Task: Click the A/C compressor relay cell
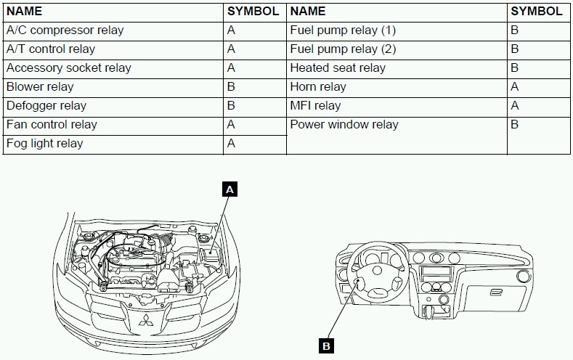click(65, 30)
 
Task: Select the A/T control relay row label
click(51, 49)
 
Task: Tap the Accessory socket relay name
click(69, 68)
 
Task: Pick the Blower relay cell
click(40, 87)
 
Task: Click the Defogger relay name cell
click(46, 106)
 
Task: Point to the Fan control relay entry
click(52, 125)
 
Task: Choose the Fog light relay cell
click(45, 144)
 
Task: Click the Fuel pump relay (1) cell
click(343, 30)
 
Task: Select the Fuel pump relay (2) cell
click(343, 49)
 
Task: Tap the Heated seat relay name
click(338, 68)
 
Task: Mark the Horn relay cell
click(318, 87)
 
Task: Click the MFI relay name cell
click(315, 106)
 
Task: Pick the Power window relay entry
click(344, 125)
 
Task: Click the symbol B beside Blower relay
click(232, 87)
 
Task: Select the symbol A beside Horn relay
click(515, 87)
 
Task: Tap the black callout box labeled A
click(230, 190)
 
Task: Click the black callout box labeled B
click(327, 345)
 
